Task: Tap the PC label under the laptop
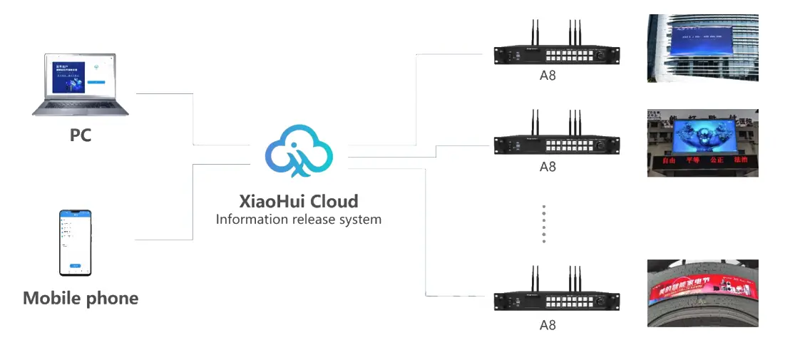click(x=81, y=135)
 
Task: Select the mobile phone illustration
click(x=75, y=242)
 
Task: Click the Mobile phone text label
click(x=81, y=298)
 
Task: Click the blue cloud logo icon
click(x=299, y=150)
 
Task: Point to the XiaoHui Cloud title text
click(x=299, y=201)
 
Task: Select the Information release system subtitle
click(x=299, y=220)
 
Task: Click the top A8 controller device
click(x=557, y=54)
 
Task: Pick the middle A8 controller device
click(x=557, y=145)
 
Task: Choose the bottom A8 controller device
click(x=557, y=301)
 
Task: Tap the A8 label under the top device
click(x=547, y=76)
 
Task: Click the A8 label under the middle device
click(x=547, y=167)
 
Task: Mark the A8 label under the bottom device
click(x=547, y=325)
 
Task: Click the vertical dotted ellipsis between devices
click(x=543, y=225)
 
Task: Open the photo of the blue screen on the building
click(x=702, y=48)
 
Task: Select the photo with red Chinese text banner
click(x=702, y=143)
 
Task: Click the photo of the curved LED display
click(x=702, y=293)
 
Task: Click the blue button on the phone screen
click(x=75, y=265)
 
